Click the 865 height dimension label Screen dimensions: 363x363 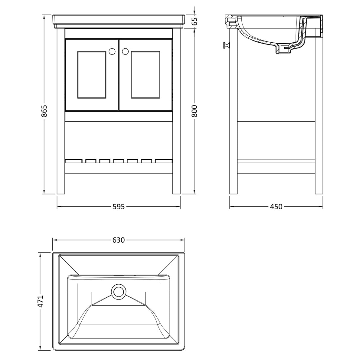point(44,111)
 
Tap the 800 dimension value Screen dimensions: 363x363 point(194,111)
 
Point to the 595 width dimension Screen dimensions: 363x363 point(119,207)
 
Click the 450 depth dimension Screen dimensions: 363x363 point(276,207)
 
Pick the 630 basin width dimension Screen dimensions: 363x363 point(119,240)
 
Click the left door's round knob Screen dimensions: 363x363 point(112,51)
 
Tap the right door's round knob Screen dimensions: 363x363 point(125,51)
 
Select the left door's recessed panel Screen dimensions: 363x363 point(92,75)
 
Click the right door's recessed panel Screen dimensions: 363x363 point(146,75)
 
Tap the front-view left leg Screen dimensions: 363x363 point(61,111)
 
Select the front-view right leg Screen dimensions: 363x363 point(176,111)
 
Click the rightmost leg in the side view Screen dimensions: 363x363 point(319,111)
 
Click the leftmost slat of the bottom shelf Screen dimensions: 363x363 point(74,161)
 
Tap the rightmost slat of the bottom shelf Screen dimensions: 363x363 point(164,161)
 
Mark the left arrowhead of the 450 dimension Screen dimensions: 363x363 point(232,207)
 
